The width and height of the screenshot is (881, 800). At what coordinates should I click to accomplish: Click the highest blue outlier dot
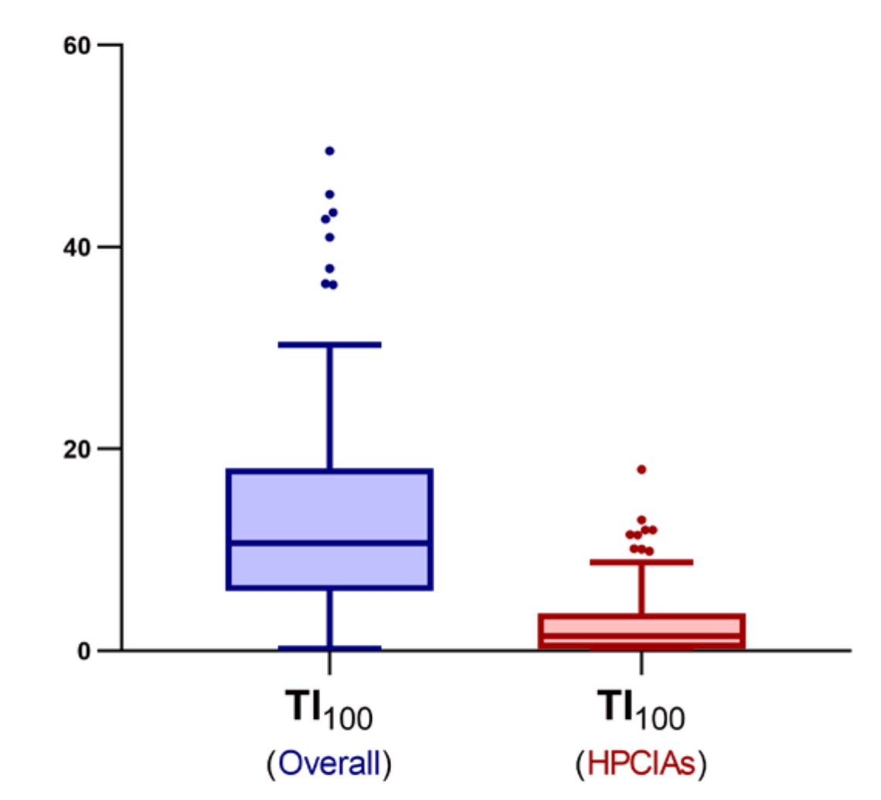(x=329, y=151)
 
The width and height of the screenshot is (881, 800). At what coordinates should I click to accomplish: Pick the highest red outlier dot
(x=641, y=469)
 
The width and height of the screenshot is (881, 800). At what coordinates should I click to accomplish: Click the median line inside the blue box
(x=329, y=543)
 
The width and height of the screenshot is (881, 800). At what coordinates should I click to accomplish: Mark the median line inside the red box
(x=641, y=636)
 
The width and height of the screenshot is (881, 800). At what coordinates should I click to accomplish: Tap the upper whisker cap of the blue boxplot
(x=329, y=344)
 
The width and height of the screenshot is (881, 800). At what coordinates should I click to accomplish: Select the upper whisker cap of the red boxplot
(x=641, y=562)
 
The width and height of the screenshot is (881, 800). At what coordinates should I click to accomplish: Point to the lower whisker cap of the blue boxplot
(x=329, y=648)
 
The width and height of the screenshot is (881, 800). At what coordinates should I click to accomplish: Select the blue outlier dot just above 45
(x=329, y=195)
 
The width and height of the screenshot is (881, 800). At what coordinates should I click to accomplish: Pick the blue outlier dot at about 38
(x=329, y=269)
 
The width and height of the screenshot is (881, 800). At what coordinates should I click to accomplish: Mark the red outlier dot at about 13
(x=641, y=520)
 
